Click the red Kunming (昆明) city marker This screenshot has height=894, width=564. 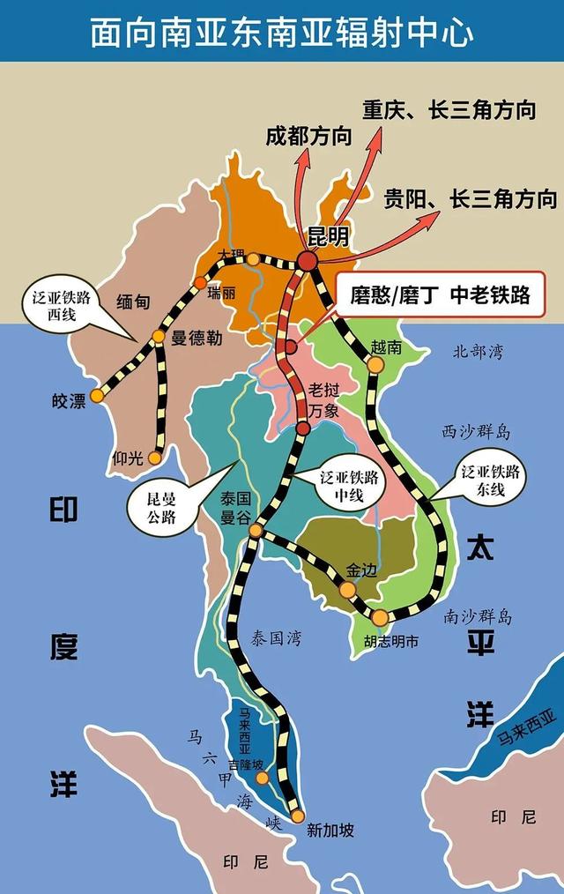[307, 261]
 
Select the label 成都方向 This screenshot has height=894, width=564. [308, 136]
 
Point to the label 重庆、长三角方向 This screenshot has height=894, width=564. [449, 110]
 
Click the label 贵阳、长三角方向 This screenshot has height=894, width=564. [470, 198]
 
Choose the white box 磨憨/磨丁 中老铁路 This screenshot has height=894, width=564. [440, 294]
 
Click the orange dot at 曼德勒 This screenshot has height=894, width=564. [159, 336]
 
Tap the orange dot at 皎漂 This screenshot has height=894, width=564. [97, 395]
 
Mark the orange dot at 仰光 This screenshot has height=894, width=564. [155, 458]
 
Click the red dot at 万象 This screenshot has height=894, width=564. [303, 428]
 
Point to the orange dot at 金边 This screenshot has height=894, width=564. [348, 589]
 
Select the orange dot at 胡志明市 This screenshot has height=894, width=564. [380, 618]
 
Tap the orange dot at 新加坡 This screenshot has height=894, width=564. [298, 816]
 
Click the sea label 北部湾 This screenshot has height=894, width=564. [478, 352]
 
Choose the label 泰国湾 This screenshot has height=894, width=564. [275, 638]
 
